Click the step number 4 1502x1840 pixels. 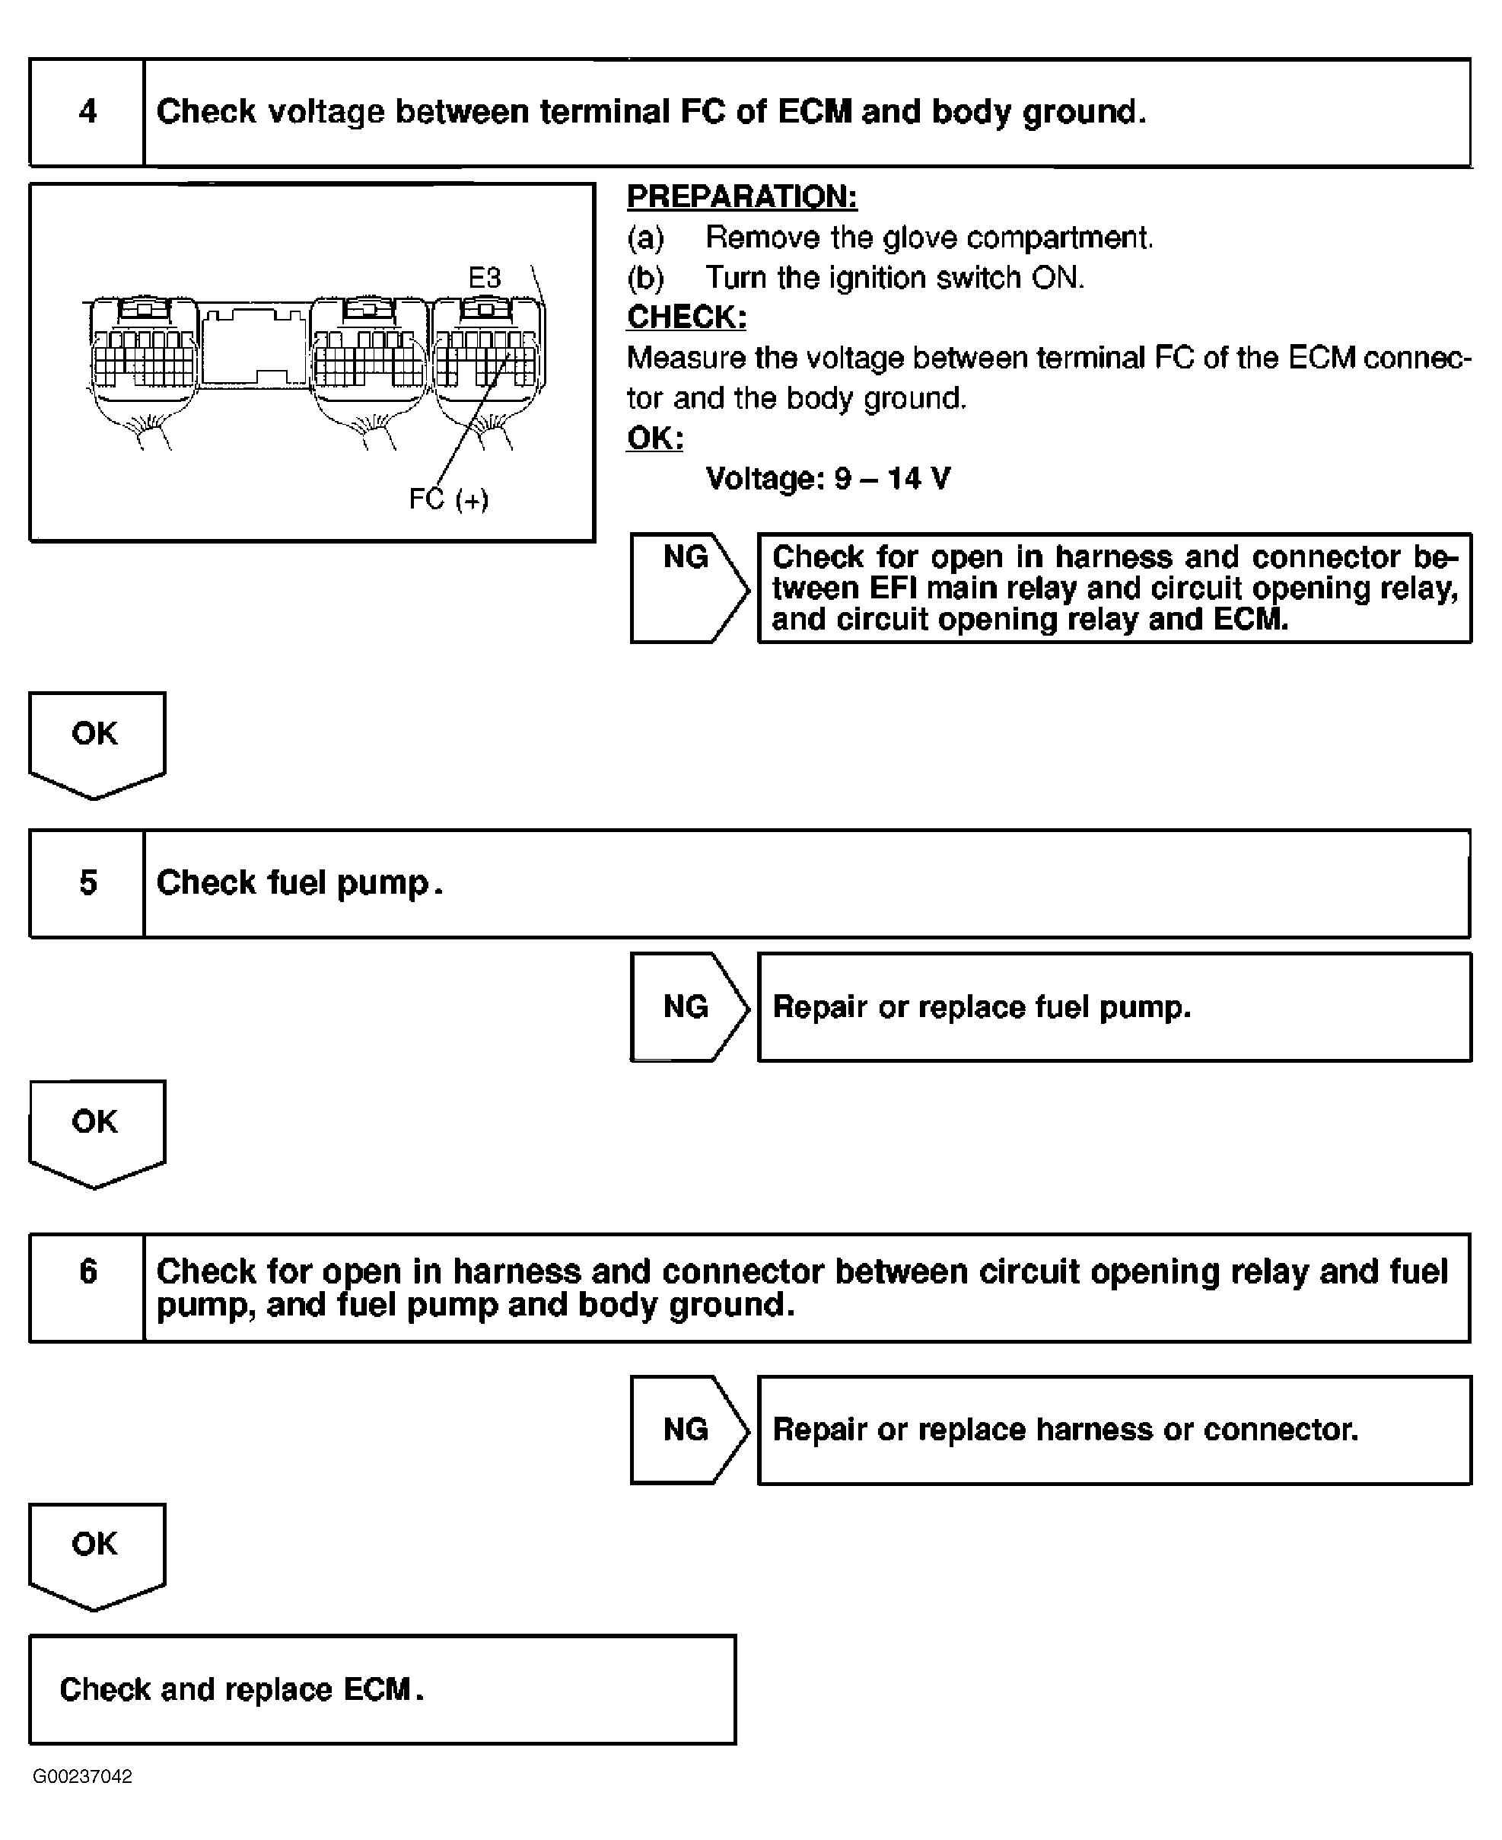point(88,112)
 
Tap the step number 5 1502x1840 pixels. point(88,883)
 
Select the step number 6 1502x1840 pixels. point(88,1271)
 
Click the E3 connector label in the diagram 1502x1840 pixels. point(485,278)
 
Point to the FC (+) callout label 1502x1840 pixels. point(448,499)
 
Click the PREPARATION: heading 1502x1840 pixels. point(741,197)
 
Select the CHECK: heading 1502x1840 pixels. point(686,317)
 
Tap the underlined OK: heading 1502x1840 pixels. point(655,438)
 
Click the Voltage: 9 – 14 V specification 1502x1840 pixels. point(828,479)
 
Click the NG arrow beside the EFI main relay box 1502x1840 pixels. point(688,587)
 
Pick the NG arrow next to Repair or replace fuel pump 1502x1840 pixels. point(688,1006)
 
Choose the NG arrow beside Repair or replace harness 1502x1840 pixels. point(688,1429)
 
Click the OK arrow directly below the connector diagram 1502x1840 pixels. point(96,740)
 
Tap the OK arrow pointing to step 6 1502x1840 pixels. point(96,1127)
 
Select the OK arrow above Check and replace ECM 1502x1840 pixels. point(96,1550)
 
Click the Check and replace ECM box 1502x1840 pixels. point(381,1689)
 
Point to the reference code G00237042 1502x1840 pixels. point(83,1776)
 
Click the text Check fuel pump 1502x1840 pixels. point(299,883)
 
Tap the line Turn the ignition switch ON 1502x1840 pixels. point(894,278)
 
